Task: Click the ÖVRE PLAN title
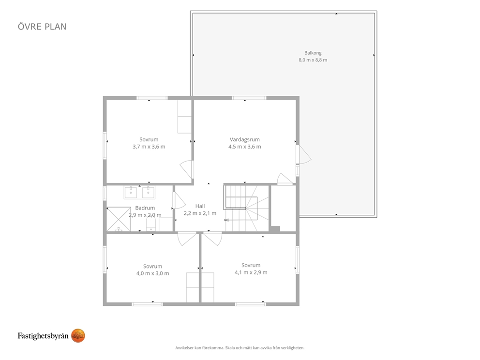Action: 42,27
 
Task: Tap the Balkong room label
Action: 313,53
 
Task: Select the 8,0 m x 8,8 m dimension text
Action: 313,60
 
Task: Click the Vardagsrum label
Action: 244,139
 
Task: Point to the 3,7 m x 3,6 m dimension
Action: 149,147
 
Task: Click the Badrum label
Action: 145,208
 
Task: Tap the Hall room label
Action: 200,206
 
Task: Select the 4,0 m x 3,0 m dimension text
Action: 152,273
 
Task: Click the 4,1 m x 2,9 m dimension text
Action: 251,272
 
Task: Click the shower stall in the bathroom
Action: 119,219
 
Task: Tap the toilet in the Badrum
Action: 151,224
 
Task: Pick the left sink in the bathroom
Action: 131,192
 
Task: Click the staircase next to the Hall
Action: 247,208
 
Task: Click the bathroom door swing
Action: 179,200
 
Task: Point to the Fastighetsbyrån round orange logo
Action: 78,336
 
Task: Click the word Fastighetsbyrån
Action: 43,336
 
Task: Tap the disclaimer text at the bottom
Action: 240,348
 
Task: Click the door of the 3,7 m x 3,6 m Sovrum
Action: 186,169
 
